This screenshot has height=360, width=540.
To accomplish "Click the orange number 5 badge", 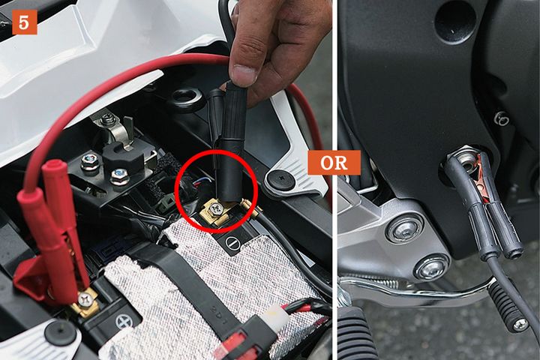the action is click(x=25, y=22).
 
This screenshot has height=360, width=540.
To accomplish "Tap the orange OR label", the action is click(x=334, y=163).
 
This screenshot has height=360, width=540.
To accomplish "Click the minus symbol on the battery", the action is click(x=232, y=243).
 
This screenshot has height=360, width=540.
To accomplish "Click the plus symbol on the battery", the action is click(x=124, y=322).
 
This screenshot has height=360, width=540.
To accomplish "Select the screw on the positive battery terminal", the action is click(x=84, y=299).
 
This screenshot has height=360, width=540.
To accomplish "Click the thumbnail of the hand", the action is click(x=244, y=73).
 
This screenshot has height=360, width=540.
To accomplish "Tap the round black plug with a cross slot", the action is click(x=281, y=179).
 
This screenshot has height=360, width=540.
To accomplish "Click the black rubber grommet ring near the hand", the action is click(x=187, y=97).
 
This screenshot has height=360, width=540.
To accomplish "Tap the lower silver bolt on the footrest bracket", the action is click(x=431, y=266).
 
